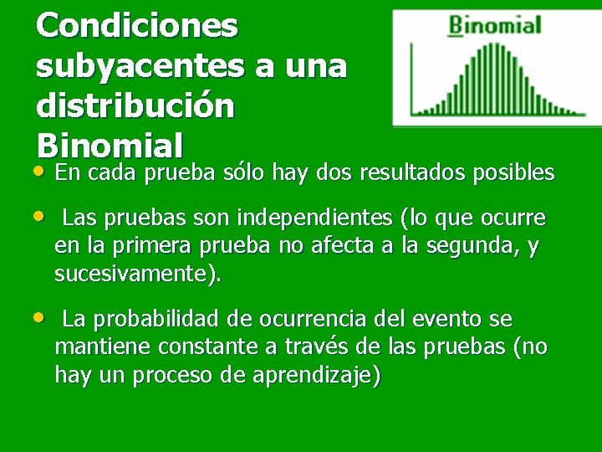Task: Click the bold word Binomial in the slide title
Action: [110, 146]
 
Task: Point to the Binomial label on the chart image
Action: [495, 25]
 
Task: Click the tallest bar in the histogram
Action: [487, 76]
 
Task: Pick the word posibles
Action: [513, 173]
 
